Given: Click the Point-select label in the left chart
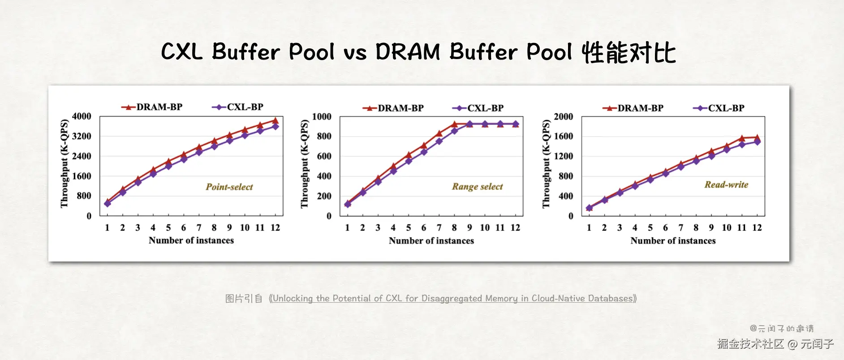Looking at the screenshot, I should tap(229, 187).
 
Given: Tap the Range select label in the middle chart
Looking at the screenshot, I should tap(477, 186).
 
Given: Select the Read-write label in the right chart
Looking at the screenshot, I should tap(726, 184).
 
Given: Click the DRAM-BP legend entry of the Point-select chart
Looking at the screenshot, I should tap(152, 107).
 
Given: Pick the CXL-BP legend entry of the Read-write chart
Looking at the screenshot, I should tap(719, 108).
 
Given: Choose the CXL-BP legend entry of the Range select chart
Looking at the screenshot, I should tap(478, 108).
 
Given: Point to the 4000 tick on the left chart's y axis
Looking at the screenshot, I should tap(82, 116).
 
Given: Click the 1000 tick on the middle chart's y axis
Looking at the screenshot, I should tap(322, 117).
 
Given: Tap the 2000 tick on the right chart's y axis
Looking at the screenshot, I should tap(563, 117).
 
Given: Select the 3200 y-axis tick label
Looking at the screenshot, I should tap(82, 136).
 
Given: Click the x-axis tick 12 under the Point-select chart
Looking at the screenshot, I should tap(275, 228).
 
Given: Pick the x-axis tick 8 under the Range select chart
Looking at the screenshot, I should tap(454, 228).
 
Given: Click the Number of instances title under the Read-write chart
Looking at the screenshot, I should tap(673, 241).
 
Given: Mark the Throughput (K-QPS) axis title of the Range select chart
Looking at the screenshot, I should tap(305, 164).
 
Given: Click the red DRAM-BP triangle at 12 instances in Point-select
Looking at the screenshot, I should tap(276, 120).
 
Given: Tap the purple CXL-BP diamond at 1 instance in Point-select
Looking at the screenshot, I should tap(108, 204).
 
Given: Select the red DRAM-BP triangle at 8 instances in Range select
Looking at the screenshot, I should tap(454, 124).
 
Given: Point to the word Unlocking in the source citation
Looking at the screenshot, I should tap(293, 299).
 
